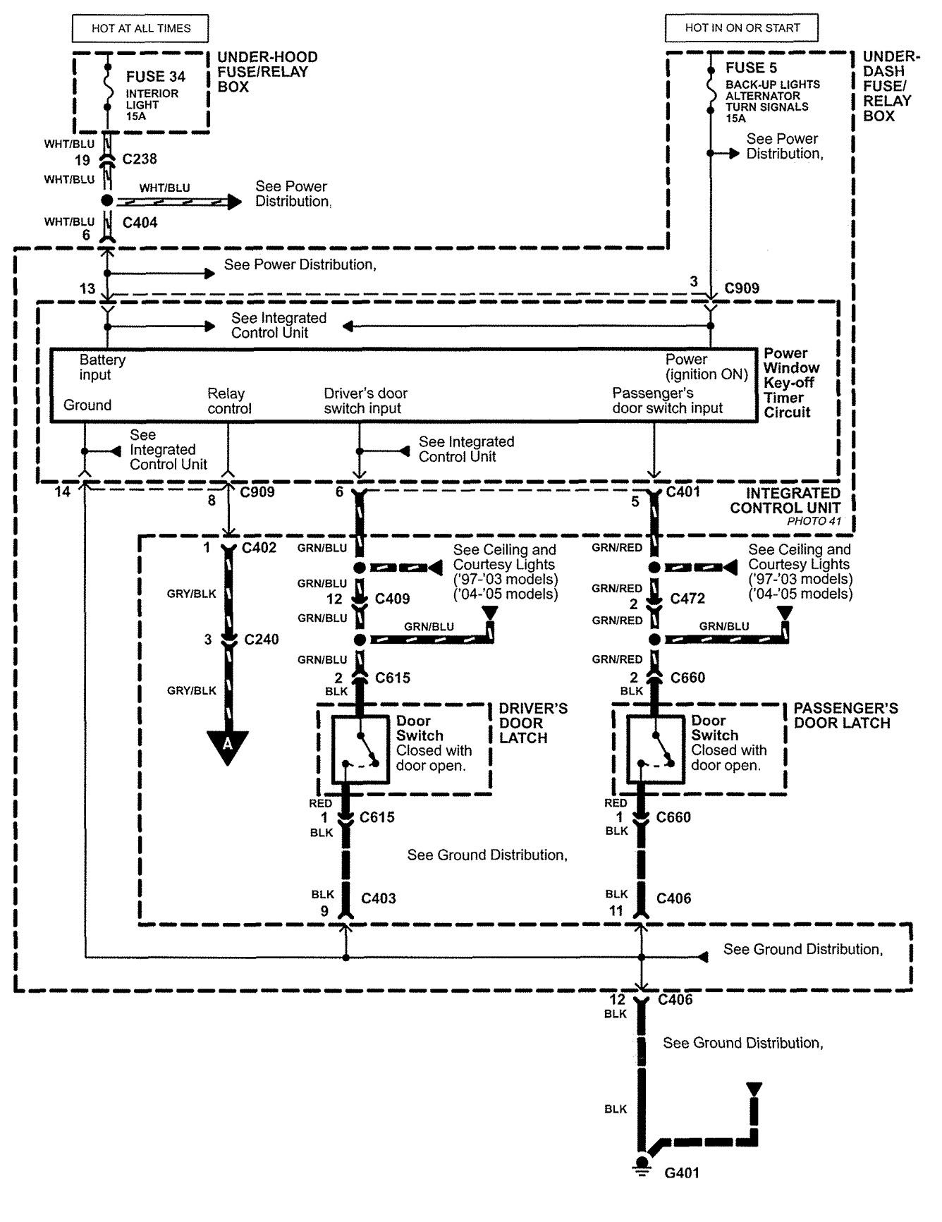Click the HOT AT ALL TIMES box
point(141,29)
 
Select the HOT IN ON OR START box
point(742,28)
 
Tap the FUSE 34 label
point(156,76)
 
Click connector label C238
point(140,159)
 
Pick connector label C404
point(140,223)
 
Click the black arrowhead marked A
point(228,748)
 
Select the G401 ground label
point(682,1173)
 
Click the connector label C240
point(261,640)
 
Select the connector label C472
point(687,599)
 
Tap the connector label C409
point(392,599)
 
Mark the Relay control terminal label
point(229,401)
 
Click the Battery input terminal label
point(102,367)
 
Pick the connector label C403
point(379,898)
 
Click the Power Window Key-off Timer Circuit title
point(791,382)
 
